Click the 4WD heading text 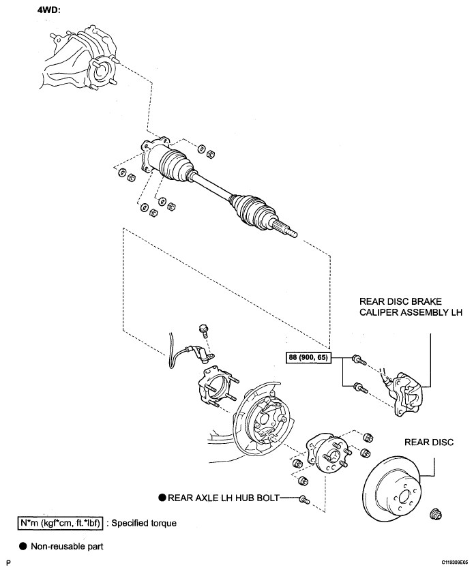pos(48,10)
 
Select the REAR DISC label pos(429,442)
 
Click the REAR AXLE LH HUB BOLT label pos(223,498)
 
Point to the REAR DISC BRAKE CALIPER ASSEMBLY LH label pos(411,307)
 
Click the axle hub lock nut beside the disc pos(434,513)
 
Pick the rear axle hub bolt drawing pos(304,500)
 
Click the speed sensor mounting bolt pos(204,330)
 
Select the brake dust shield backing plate pos(261,419)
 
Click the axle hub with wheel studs pos(328,454)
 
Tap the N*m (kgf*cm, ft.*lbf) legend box pos(60,523)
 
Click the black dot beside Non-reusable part pos(23,546)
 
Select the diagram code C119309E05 pos(455,562)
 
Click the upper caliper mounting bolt pos(359,360)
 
